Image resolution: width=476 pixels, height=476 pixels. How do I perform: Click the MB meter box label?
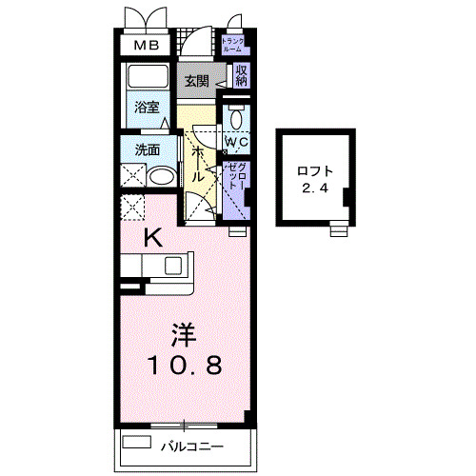[x=146, y=45]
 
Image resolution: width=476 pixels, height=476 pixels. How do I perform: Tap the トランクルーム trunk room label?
[x=233, y=44]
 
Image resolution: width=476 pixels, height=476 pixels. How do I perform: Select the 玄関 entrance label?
[x=196, y=80]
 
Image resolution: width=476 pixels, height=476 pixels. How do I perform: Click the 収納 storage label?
[x=242, y=74]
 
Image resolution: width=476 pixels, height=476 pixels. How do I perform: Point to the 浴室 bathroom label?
[x=147, y=109]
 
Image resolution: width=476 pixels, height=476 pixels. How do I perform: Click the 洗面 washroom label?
[x=147, y=149]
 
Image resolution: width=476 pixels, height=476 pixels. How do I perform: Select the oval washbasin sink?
[x=163, y=177]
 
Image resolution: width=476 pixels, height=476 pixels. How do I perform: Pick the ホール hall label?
[x=197, y=165]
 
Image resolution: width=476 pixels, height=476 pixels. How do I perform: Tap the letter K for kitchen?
[x=152, y=239]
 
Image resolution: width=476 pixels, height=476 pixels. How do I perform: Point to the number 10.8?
[x=185, y=366]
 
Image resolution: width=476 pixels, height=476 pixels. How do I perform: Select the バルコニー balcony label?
[x=191, y=446]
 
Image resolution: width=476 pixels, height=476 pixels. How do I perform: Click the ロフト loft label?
[x=314, y=171]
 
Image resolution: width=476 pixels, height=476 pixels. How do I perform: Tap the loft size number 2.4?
[x=314, y=188]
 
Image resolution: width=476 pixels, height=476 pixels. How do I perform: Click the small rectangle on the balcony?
[x=137, y=443]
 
